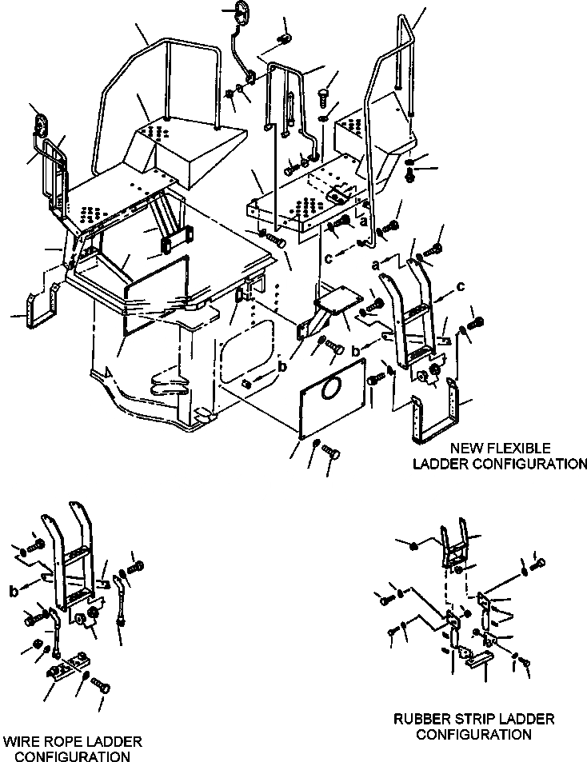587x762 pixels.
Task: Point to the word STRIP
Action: pyautogui.click(x=474, y=720)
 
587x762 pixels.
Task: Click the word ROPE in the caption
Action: pyautogui.click(x=60, y=741)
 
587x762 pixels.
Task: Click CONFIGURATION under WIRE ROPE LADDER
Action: pyautogui.click(x=73, y=756)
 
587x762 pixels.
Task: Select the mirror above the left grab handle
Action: pyautogui.click(x=38, y=126)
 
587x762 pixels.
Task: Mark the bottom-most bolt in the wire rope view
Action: pyautogui.click(x=101, y=686)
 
